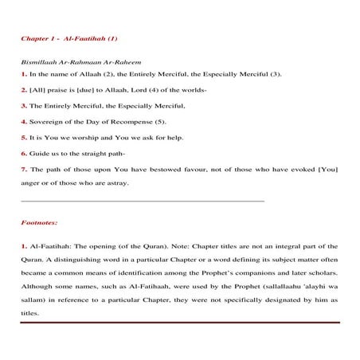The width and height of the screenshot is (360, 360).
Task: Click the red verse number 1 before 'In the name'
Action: pyautogui.click(x=22, y=74)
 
